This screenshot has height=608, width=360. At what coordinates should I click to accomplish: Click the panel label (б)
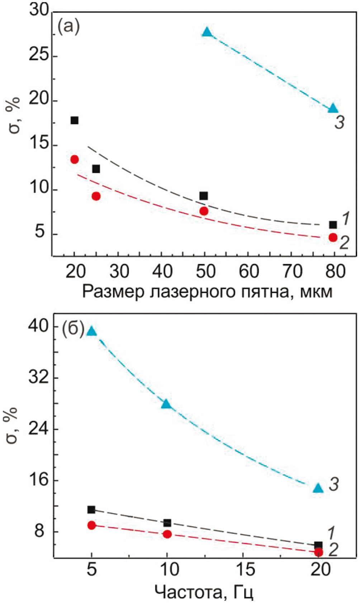click(73, 328)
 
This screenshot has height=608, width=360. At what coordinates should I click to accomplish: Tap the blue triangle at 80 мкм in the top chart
click(333, 108)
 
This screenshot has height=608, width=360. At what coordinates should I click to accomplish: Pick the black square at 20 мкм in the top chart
click(74, 120)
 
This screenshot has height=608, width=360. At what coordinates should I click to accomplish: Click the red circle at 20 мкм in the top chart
click(74, 160)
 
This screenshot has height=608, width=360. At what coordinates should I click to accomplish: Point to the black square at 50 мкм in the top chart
click(204, 196)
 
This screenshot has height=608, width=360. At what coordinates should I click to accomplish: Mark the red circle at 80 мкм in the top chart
click(333, 237)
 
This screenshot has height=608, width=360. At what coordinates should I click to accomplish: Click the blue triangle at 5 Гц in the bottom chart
click(92, 331)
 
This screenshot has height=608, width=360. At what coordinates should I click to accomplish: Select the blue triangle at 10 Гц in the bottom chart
click(166, 404)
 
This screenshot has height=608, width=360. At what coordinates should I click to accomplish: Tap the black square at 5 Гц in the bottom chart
click(91, 509)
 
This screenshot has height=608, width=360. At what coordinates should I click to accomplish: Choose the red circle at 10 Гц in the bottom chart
click(167, 534)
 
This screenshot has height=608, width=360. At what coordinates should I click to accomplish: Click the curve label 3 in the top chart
click(339, 123)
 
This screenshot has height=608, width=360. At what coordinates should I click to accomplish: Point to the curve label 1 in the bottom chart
click(331, 533)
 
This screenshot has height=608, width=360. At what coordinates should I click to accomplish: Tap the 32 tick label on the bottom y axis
click(38, 378)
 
